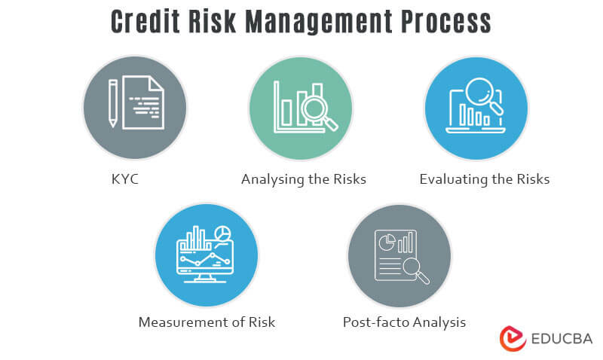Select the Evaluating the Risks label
point(485,179)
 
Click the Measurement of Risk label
point(207,322)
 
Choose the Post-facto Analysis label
point(404,322)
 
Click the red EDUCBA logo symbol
point(513,337)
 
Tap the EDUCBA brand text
point(562,338)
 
